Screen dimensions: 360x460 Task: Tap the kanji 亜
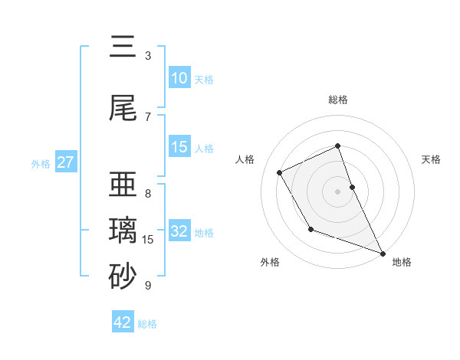coord(122,185)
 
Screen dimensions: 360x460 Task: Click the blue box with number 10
coord(179,78)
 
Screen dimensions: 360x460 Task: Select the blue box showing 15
coord(179,148)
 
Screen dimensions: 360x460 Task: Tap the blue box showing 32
coord(179,232)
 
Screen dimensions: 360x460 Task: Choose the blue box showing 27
coord(66,162)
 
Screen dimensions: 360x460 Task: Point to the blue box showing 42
coord(123,322)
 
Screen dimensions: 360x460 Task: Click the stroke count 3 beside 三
coord(148,56)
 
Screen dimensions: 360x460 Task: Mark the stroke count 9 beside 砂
coord(148,286)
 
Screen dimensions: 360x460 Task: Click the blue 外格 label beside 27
coord(41,163)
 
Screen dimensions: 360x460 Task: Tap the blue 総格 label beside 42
coord(147,324)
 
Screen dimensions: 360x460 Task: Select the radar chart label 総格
coord(338,100)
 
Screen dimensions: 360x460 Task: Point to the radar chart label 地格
coord(402,262)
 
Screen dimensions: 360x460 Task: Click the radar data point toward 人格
coord(280,172)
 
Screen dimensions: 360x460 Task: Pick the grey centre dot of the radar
coord(338,191)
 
